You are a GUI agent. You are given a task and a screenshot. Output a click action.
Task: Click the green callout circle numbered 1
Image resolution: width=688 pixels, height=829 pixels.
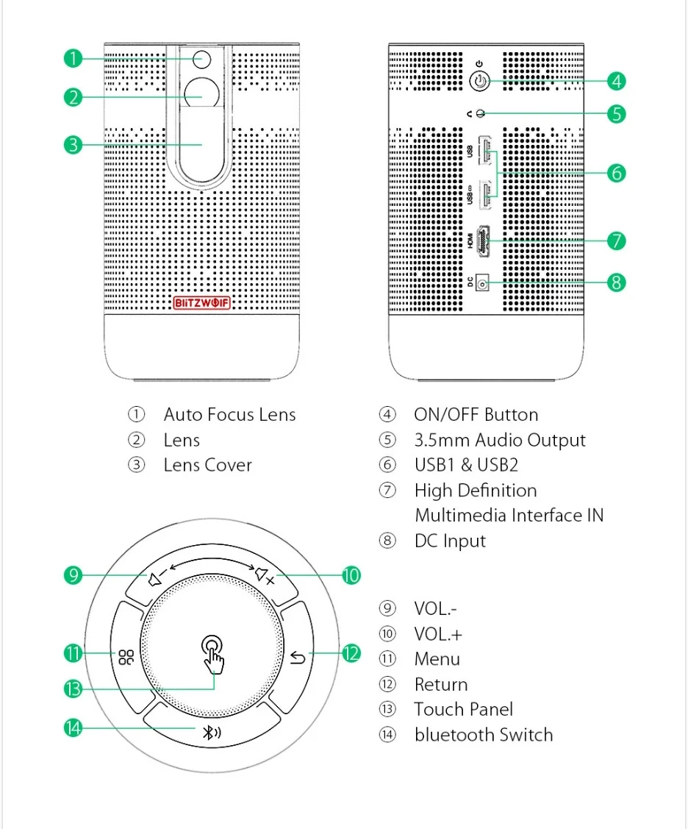point(72,58)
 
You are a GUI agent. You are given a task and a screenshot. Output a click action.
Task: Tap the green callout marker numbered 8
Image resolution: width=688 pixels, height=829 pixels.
point(616,282)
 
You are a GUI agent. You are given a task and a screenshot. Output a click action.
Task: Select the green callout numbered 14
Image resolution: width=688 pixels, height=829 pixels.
point(72,728)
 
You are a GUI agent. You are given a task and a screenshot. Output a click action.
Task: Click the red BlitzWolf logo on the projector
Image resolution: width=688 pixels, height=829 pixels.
point(202,302)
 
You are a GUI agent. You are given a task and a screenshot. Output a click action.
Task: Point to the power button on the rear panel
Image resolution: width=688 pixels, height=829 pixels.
point(479,80)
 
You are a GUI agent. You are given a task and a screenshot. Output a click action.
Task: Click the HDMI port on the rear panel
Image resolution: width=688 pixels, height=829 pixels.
point(484,241)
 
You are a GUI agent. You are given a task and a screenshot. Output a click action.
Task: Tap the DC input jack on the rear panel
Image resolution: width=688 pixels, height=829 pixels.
point(483,282)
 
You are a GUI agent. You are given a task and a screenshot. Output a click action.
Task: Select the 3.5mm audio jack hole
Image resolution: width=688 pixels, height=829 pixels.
point(481,113)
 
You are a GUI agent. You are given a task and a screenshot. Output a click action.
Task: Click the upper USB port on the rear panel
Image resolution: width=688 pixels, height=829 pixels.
point(485,152)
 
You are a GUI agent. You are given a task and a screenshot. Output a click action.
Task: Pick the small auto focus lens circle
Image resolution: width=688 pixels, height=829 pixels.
point(202,58)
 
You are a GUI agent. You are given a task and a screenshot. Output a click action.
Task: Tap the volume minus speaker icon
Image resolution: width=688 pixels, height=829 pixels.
point(156,578)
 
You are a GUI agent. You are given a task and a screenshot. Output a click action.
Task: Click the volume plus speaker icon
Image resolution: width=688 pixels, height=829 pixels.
point(264,577)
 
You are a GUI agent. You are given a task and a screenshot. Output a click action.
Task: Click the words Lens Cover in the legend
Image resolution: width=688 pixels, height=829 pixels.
point(207,465)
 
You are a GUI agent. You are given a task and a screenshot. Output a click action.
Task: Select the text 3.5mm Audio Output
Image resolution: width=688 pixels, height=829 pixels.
point(499,440)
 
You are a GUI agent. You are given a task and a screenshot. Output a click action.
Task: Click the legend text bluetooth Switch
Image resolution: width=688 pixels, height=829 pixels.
point(483,734)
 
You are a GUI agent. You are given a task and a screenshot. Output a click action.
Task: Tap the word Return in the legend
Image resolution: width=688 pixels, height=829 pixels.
point(440,684)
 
